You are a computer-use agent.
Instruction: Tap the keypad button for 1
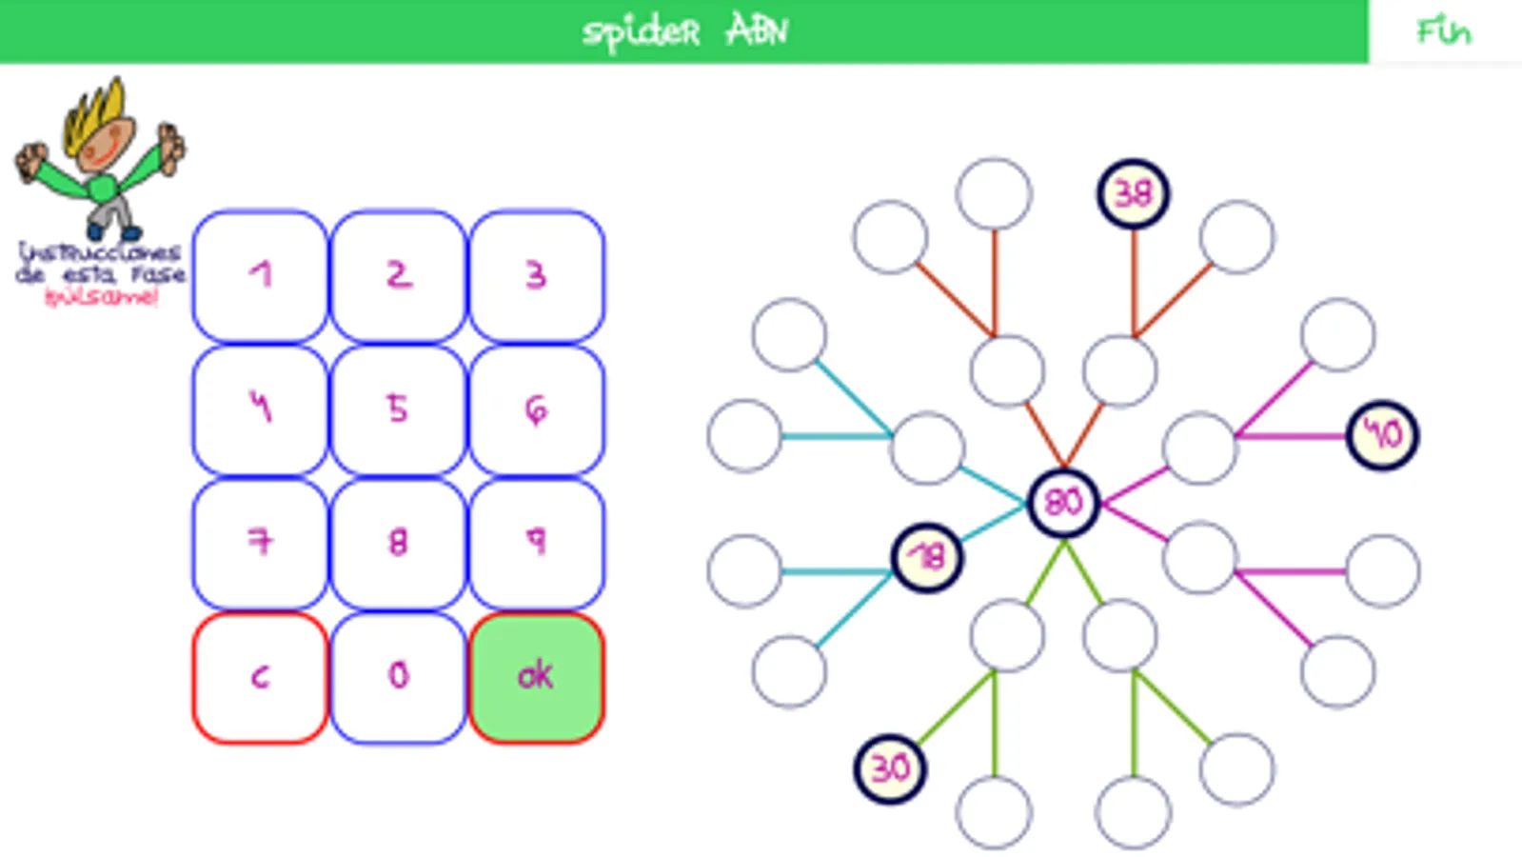click(260, 276)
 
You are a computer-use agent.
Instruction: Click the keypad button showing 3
click(537, 276)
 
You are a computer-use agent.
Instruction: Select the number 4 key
click(260, 409)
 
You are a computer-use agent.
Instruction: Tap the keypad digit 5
click(398, 409)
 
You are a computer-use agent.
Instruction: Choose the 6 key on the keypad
click(537, 409)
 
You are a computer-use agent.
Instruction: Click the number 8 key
click(398, 543)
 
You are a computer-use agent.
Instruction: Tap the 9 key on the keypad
click(537, 543)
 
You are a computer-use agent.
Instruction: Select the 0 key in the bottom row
click(398, 677)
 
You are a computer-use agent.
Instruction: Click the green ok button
click(537, 677)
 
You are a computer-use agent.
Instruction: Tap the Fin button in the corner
click(1444, 32)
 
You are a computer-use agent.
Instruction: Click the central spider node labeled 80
click(1063, 502)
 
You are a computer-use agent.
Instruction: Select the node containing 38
click(1133, 194)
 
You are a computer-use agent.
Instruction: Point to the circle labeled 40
click(1382, 435)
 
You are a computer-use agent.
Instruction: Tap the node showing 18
click(927, 557)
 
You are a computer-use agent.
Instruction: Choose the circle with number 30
click(890, 768)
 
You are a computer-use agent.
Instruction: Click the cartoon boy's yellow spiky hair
click(99, 112)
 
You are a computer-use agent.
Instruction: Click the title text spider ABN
click(684, 32)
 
